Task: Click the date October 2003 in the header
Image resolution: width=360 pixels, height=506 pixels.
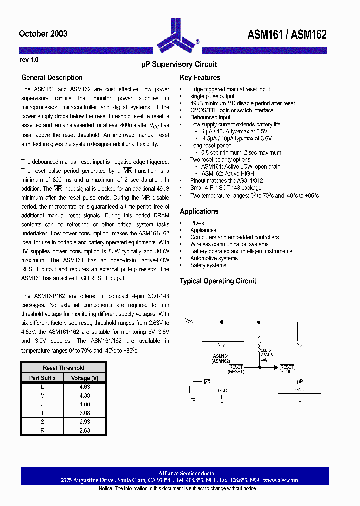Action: click(43, 34)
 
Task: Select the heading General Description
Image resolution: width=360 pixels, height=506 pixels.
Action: click(52, 77)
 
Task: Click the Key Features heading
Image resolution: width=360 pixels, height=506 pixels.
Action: click(200, 77)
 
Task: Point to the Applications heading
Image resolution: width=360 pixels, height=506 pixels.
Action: click(199, 211)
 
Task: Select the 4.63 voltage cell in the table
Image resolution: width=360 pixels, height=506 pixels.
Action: click(84, 387)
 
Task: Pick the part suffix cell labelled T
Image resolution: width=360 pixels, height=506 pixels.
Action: click(42, 413)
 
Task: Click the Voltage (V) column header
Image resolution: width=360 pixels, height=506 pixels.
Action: click(84, 378)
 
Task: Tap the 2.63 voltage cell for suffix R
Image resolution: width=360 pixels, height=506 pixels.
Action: click(84, 430)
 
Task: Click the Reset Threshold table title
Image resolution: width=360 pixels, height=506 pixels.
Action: click(63, 368)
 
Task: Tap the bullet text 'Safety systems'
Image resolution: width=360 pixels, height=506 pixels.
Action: click(208, 265)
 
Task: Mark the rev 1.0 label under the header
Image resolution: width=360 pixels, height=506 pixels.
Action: click(29, 59)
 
